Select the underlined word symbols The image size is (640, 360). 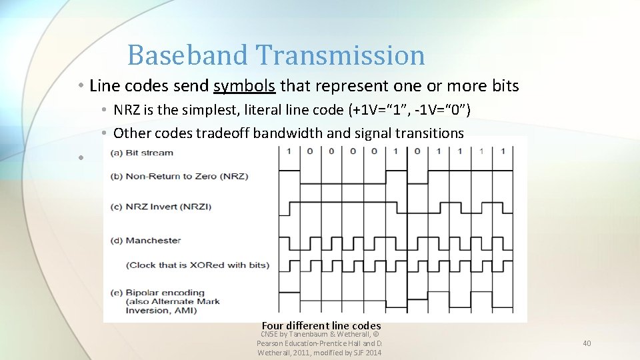click(x=245, y=86)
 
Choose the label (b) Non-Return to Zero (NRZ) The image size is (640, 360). click(x=178, y=177)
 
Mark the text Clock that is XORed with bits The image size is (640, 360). click(x=197, y=265)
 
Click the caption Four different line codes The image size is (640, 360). click(x=321, y=325)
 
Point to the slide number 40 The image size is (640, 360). click(x=587, y=343)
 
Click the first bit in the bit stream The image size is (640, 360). click(x=289, y=151)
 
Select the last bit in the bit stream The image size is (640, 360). click(x=502, y=151)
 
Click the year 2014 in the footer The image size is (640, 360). click(x=373, y=353)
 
